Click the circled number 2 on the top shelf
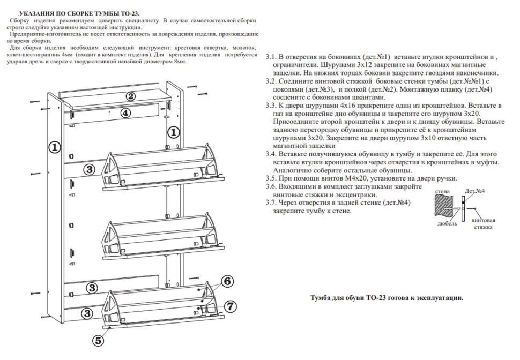130,96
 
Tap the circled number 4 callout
124,113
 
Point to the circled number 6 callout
227,281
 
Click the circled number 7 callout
229,306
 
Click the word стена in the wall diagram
443,191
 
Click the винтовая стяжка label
483,223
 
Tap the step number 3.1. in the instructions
272,56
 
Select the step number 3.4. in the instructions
272,153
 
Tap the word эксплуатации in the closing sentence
440,298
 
